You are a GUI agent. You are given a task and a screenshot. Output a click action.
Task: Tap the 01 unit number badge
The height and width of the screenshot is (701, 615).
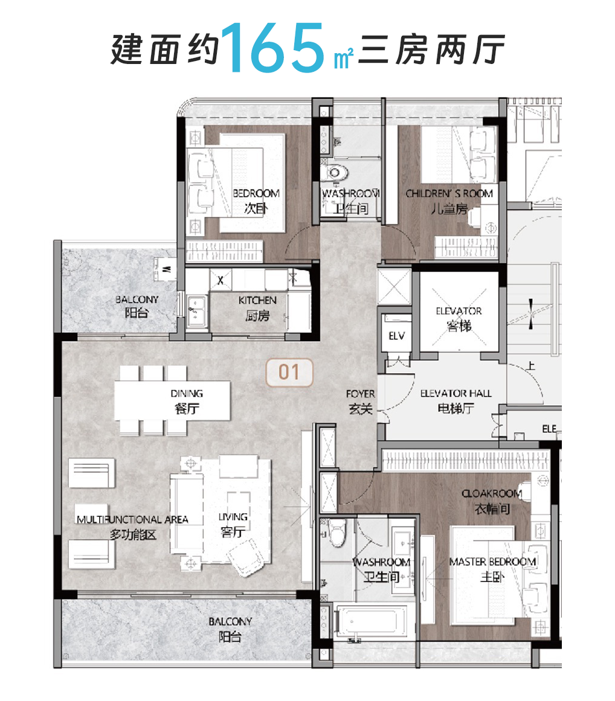289,373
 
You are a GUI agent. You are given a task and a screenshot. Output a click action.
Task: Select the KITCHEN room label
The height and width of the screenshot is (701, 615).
257,307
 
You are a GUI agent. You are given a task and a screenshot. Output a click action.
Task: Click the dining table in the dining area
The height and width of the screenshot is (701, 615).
173,400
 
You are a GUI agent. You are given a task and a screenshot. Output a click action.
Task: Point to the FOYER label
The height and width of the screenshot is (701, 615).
360,402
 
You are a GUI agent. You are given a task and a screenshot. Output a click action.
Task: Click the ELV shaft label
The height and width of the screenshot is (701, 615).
396,336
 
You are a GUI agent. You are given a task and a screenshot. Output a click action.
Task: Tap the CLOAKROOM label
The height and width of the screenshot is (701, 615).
492,501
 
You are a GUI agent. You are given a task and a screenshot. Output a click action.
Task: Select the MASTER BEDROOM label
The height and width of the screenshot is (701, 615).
492,568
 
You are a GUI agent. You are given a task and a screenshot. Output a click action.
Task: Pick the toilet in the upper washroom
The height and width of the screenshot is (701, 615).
335,173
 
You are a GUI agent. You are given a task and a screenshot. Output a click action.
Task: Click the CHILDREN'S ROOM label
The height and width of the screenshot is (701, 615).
449,201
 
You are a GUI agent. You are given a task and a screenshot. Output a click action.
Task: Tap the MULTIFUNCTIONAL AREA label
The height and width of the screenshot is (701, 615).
132,526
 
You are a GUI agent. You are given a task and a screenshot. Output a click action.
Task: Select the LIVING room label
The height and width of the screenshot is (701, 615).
233,523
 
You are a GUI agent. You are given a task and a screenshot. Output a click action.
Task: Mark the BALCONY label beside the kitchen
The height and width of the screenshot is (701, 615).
137,306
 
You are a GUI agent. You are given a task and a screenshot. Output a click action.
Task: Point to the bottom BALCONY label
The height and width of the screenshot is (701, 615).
230,629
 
